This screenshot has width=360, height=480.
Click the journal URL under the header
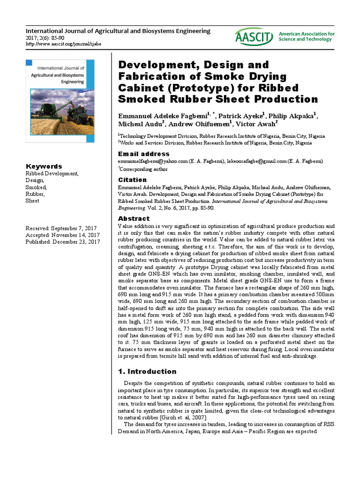[x=63, y=44]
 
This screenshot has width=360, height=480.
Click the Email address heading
[x=143, y=154]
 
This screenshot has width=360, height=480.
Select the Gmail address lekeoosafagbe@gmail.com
[x=258, y=161]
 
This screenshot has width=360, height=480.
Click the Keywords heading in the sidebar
[x=44, y=166]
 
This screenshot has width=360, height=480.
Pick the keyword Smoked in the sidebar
[x=36, y=187]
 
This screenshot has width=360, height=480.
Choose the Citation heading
[x=132, y=180]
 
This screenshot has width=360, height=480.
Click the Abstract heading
[x=134, y=218]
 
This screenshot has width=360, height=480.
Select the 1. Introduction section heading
[x=147, y=372]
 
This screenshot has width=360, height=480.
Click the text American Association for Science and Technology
[x=313, y=37]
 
